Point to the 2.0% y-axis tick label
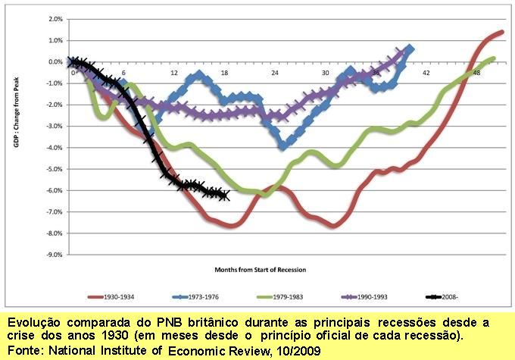(x=55, y=19)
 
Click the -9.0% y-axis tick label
(x=53, y=255)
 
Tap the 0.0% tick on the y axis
(x=55, y=62)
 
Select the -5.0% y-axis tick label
(x=53, y=169)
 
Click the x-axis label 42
(x=426, y=73)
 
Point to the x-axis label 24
(x=276, y=73)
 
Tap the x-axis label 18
(x=225, y=73)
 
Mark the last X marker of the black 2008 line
(x=224, y=196)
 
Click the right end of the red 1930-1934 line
(x=502, y=33)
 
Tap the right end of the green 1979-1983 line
(x=494, y=58)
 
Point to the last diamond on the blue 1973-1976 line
(x=410, y=49)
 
